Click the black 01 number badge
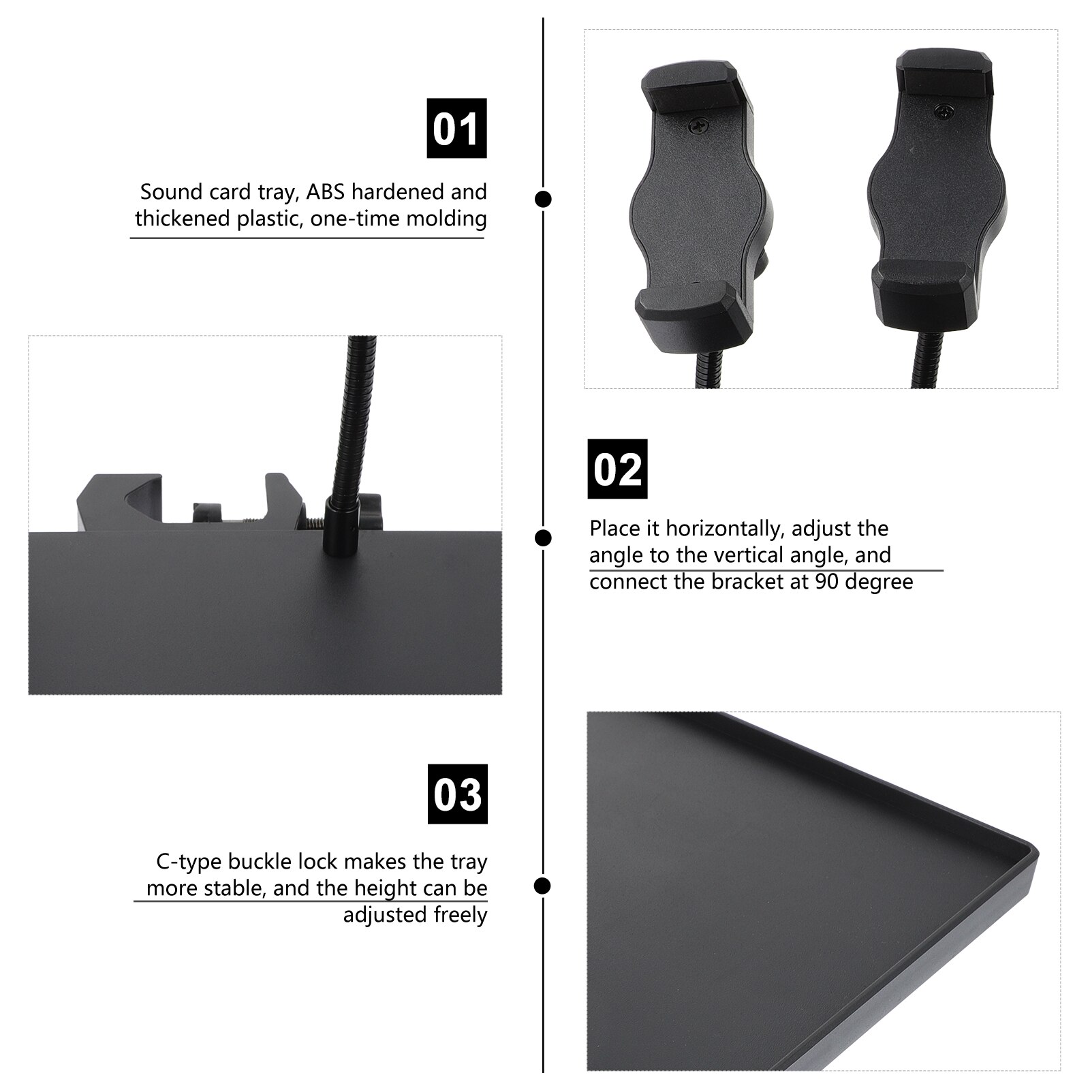click(x=456, y=128)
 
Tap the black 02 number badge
click(x=617, y=469)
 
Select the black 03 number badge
click(x=457, y=794)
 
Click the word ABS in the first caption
click(x=326, y=192)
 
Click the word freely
click(x=461, y=915)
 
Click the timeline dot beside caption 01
click(x=543, y=199)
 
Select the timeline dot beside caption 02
click(x=543, y=538)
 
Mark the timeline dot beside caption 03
click(x=543, y=886)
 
